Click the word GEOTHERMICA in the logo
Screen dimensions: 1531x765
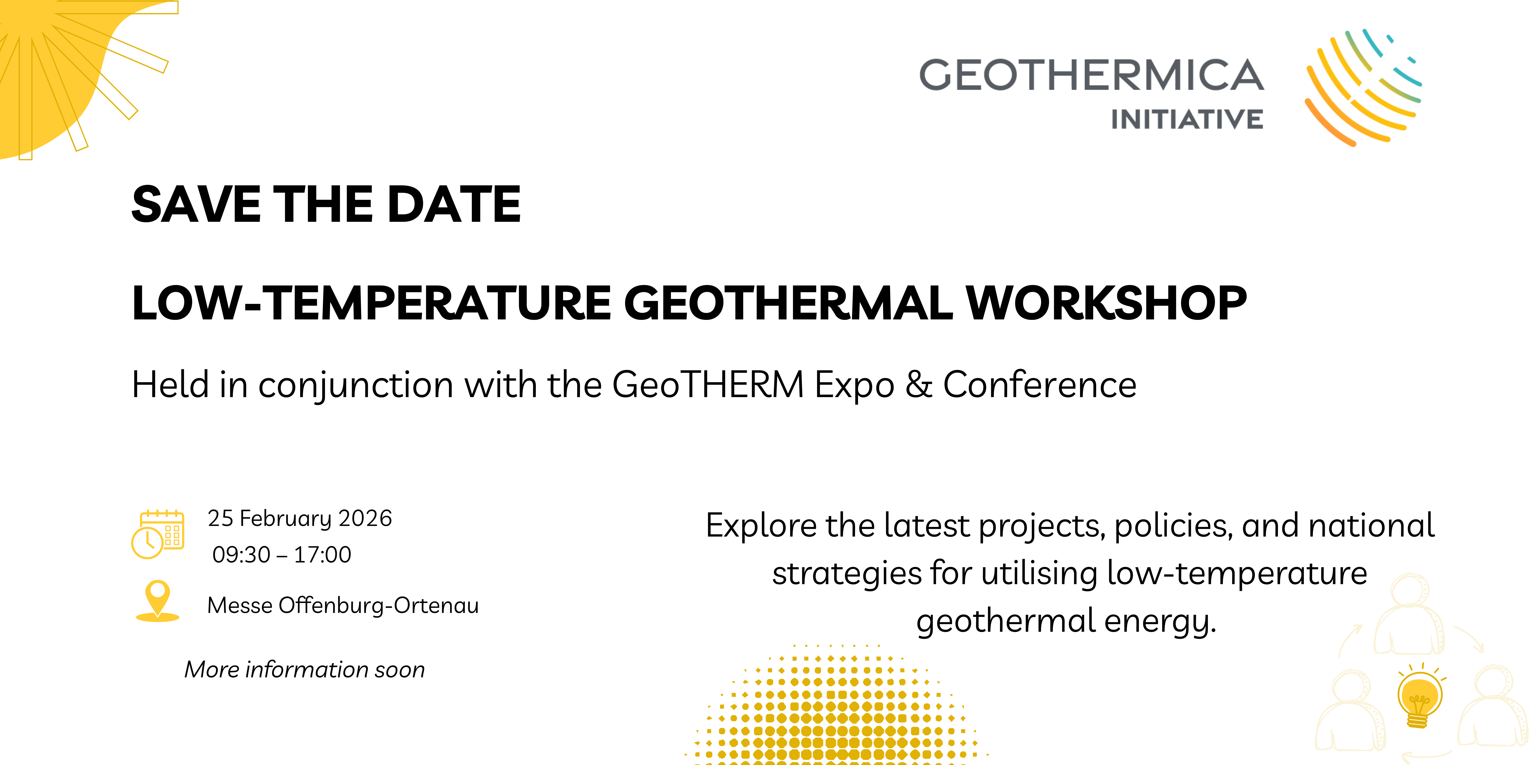[1092, 75]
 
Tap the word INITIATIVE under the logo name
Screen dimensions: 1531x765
[1187, 119]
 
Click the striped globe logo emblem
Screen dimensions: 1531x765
[1363, 87]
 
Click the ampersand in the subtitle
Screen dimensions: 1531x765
[919, 384]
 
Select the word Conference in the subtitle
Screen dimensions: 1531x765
[1039, 384]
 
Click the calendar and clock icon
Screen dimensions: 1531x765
[157, 534]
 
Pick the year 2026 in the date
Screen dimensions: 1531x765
[365, 518]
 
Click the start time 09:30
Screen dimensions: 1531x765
[241, 555]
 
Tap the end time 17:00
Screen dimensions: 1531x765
[323, 555]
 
